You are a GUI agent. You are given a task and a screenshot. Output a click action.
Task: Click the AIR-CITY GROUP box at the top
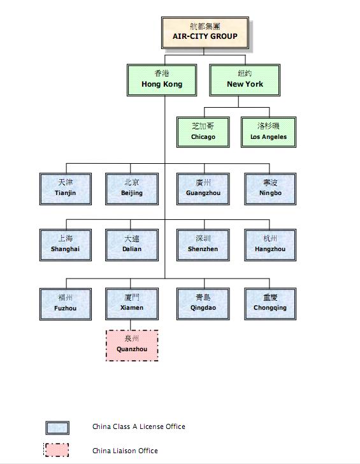tap(205, 33)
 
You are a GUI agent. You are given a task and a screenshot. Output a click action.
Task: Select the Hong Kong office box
tap(162, 80)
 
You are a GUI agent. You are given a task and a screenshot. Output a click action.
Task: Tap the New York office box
tap(245, 80)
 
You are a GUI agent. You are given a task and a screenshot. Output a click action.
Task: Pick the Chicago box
tap(203, 132)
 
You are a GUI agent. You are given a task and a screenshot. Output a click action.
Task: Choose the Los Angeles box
tap(269, 132)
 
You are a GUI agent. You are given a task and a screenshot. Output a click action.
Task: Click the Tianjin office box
tap(66, 189)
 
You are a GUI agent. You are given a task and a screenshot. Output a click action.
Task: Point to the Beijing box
tap(132, 189)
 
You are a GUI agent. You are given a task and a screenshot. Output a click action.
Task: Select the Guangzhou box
tap(203, 189)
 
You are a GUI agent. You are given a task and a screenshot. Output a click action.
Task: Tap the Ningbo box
tap(270, 189)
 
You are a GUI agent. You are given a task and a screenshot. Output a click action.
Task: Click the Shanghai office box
tap(66, 245)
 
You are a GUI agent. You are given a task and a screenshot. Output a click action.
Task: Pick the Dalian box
tap(132, 245)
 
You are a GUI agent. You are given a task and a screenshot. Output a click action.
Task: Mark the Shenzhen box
tap(203, 245)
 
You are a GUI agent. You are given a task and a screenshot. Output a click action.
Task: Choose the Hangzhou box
tap(270, 245)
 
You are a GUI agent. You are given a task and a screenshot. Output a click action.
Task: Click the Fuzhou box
tap(66, 304)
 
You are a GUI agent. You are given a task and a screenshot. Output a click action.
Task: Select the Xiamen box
tap(132, 304)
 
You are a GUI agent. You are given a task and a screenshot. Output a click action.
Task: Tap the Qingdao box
tap(203, 304)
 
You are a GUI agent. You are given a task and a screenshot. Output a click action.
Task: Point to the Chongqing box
tap(270, 304)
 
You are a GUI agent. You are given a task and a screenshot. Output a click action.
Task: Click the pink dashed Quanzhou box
tap(132, 345)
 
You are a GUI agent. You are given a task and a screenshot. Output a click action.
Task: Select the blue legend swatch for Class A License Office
tap(57, 428)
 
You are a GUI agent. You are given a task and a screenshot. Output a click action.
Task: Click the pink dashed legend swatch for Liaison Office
tap(56, 450)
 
